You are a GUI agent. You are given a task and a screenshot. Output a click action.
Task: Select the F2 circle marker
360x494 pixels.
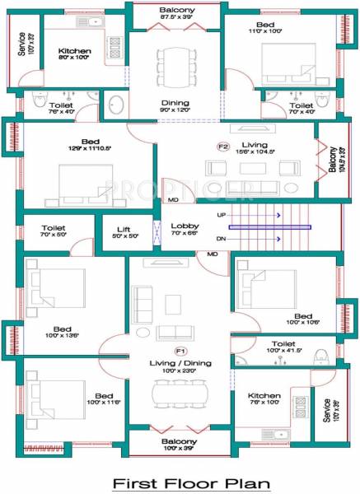222,147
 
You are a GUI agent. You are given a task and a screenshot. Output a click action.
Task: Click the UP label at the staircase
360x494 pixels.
221,215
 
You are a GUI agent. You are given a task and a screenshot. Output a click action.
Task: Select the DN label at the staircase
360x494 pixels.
221,239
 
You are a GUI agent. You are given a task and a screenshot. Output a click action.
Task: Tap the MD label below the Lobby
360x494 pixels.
212,254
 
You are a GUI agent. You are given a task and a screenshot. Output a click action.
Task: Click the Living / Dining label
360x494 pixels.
180,362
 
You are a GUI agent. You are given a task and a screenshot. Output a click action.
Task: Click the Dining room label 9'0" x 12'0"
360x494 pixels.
175,105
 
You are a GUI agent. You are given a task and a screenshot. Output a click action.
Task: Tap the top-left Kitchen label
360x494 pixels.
74,51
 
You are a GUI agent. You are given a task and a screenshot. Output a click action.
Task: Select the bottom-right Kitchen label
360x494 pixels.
264,396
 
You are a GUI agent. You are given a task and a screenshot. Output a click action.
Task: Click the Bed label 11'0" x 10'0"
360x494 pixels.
265,26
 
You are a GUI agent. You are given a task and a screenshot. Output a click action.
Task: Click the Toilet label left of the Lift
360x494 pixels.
54,228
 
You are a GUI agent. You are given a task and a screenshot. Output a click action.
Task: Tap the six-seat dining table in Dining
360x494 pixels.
175,61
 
